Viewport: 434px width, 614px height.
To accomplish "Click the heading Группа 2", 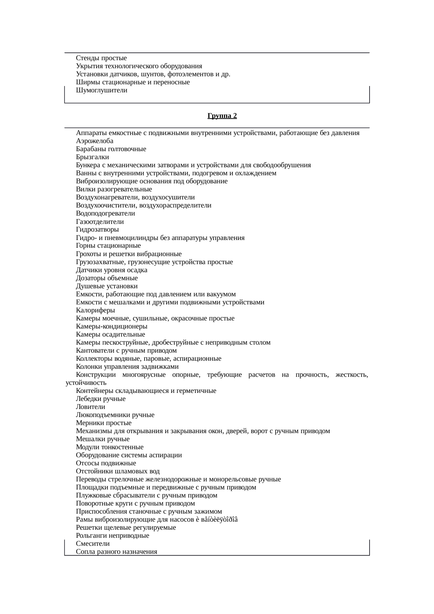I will click(x=222, y=116).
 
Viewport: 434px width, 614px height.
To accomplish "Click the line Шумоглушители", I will click(x=101, y=90).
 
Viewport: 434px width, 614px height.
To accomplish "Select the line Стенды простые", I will click(x=101, y=58).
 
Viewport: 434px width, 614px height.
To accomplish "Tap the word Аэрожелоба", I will click(x=94, y=141).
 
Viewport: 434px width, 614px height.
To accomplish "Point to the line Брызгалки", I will click(x=92, y=157).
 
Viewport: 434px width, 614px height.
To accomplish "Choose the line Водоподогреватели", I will click(x=105, y=213).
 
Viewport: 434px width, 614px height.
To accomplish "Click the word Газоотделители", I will click(x=100, y=222).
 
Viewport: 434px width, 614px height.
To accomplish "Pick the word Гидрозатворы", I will click(x=97, y=230).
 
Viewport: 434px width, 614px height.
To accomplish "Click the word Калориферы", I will click(x=95, y=310).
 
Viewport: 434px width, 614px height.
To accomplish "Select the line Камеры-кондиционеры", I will click(x=111, y=326).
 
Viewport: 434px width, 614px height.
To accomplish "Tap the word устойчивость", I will click(x=86, y=383).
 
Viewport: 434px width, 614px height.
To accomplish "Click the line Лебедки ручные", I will click(x=100, y=399).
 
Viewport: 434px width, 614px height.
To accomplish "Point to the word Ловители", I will click(x=90, y=407).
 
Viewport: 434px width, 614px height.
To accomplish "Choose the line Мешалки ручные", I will click(x=103, y=439).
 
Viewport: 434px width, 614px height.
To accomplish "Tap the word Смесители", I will click(x=93, y=544).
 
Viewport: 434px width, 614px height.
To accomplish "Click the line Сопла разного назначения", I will click(x=117, y=552).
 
